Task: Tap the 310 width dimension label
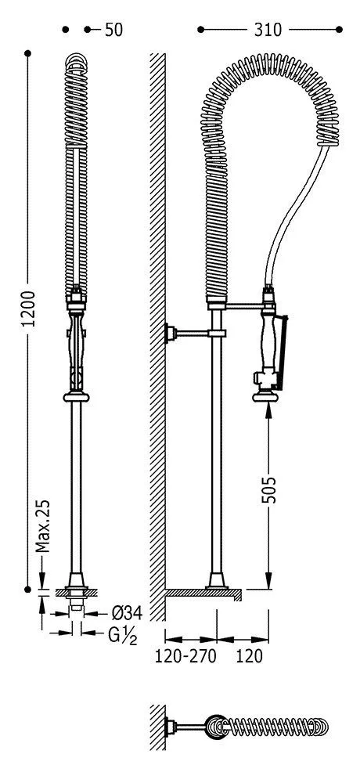(268, 31)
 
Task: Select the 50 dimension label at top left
(113, 31)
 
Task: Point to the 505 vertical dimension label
(269, 489)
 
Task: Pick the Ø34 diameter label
(127, 612)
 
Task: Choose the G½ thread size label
(122, 636)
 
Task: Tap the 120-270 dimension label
(185, 655)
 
